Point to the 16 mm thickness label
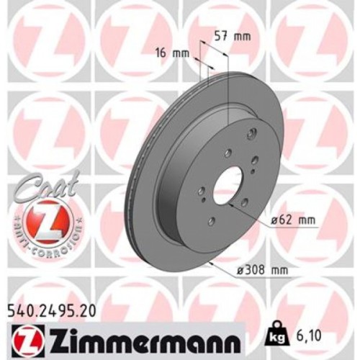click(x=168, y=53)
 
